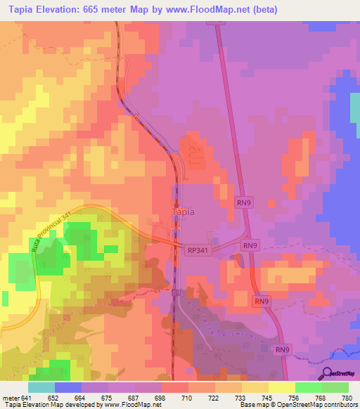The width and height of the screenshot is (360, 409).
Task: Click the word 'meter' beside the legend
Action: (10, 397)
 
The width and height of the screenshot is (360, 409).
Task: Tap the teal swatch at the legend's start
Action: (41, 387)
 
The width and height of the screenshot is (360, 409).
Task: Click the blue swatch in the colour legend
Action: (68, 387)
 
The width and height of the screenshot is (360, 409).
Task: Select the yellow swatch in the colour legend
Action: (281, 387)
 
